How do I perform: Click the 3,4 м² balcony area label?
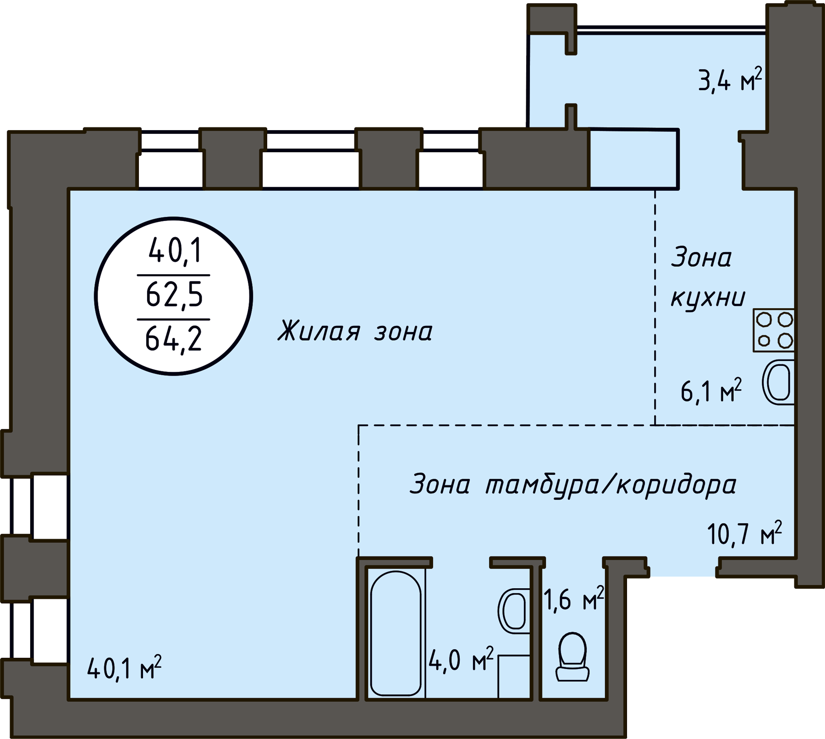(x=730, y=80)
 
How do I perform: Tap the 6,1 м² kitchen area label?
(x=711, y=391)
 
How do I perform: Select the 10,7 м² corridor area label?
(x=745, y=533)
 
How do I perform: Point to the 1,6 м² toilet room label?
(x=573, y=599)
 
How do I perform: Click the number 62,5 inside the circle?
(x=174, y=294)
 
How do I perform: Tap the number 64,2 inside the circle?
(x=174, y=339)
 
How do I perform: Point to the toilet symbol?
(x=572, y=656)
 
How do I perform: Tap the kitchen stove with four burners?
(x=774, y=330)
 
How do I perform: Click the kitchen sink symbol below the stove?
(x=778, y=382)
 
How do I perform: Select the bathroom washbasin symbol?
(x=514, y=611)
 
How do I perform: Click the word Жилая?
(x=319, y=331)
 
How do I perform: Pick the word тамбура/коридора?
(x=610, y=485)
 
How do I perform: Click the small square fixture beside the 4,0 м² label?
(x=514, y=677)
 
